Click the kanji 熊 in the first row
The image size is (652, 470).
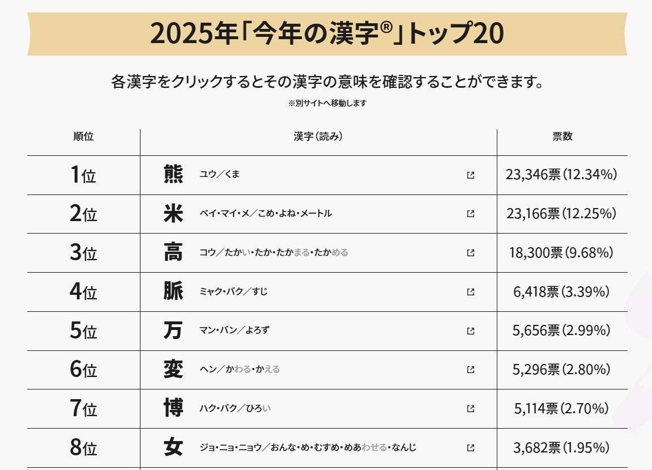click(173, 175)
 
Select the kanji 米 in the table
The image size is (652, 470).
click(173, 214)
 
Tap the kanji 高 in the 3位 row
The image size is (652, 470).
click(173, 253)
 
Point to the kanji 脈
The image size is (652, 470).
click(173, 292)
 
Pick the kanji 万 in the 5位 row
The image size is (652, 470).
click(173, 331)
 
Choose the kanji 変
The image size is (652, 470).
click(173, 370)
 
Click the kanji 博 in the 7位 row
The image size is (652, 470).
click(173, 409)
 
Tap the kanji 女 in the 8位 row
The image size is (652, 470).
click(173, 448)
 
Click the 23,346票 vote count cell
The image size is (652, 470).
click(561, 175)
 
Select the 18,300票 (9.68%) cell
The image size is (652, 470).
click(561, 253)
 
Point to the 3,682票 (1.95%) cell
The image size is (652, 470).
click(561, 448)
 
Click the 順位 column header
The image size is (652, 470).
click(83, 137)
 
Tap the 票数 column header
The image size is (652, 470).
click(562, 137)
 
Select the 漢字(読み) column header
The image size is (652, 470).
click(318, 137)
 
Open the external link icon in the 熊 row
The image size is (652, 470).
click(470, 175)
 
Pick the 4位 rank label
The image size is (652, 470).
click(83, 292)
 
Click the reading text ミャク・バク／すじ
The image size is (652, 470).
click(233, 292)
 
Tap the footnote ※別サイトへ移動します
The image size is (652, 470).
click(327, 103)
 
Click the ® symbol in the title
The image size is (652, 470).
click(386, 28)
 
